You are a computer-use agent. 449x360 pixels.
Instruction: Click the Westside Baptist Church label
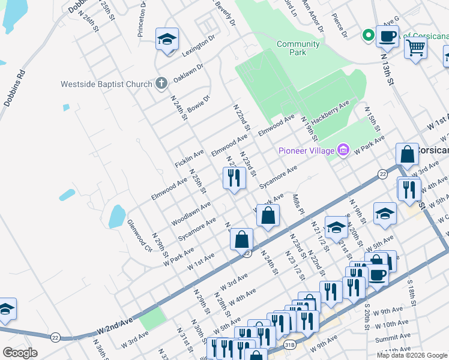[106, 84]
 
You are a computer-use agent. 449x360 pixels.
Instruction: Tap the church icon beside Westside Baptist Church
[161, 83]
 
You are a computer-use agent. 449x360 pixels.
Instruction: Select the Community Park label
[298, 48]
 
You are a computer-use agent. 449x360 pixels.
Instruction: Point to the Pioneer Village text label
[306, 150]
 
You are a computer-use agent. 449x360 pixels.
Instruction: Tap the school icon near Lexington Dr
[167, 39]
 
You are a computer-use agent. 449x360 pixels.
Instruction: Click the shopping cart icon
[415, 47]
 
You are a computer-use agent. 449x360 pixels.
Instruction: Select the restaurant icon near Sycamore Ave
[234, 178]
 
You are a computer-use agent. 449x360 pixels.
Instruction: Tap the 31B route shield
[289, 344]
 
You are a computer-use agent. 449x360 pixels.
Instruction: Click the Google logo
[20, 353]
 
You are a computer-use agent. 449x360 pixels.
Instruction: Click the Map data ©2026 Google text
[412, 355]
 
